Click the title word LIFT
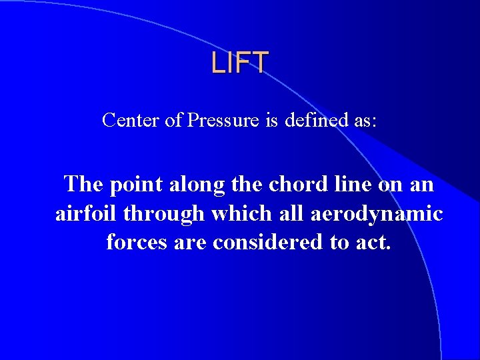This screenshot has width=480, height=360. (240, 62)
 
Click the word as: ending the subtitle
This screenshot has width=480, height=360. (365, 121)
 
